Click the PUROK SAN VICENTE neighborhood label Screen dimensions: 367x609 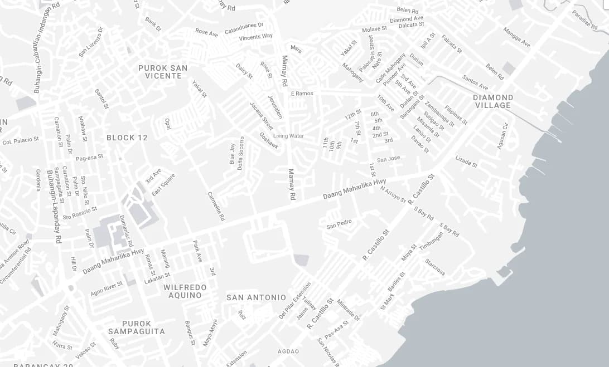tap(163, 72)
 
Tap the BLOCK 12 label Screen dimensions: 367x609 tap(127, 138)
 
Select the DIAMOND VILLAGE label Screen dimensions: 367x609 tap(493, 101)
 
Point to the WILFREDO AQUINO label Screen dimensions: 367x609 tap(185, 291)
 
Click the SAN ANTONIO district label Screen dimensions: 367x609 tap(256, 297)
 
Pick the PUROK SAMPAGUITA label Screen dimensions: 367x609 tap(137, 327)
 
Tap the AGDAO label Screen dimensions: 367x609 tap(288, 351)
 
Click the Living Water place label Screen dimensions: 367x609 tap(288, 136)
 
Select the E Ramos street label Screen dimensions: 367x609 tap(302, 94)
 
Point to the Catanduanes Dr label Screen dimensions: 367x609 tap(244, 28)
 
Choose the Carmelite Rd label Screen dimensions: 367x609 tap(216, 207)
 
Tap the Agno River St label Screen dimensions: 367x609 tap(107, 288)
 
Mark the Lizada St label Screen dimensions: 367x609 tap(466, 162)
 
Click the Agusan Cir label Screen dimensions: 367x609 tap(503, 136)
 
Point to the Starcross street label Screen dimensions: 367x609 tap(435, 267)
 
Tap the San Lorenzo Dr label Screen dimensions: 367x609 tap(91, 42)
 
